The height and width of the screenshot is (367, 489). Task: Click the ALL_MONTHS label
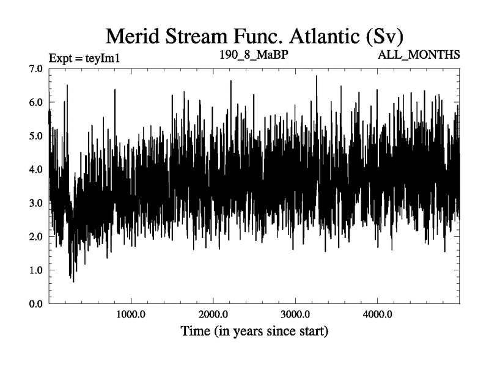tap(419, 55)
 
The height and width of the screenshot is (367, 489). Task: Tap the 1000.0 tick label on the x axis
tap(131, 315)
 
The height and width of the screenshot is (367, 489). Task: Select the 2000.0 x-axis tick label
tap(213, 315)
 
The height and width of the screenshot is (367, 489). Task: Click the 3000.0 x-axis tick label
tap(295, 315)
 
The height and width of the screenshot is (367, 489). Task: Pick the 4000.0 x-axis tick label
tap(377, 315)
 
